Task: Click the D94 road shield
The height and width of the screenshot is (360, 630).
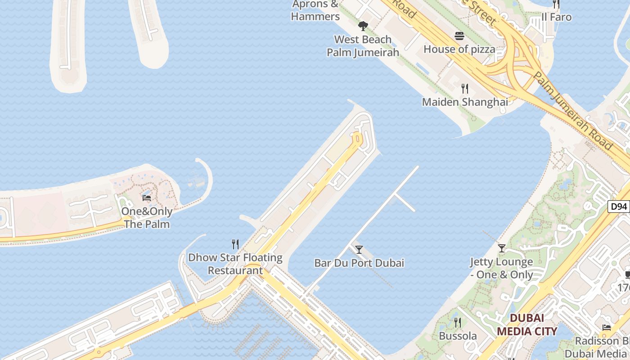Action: (619, 207)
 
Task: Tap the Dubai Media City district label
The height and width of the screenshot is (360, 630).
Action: (527, 325)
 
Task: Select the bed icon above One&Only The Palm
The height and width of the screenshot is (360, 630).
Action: (147, 198)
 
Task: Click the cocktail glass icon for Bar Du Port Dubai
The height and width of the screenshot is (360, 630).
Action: (359, 249)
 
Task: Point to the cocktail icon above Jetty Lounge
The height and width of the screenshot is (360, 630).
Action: (502, 248)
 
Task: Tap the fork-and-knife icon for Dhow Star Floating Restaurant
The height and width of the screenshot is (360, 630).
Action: (235, 244)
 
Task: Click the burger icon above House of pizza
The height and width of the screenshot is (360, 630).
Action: (459, 36)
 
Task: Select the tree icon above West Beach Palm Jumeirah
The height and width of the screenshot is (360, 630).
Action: (363, 26)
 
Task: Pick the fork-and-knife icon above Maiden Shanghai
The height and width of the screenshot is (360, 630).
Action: (465, 89)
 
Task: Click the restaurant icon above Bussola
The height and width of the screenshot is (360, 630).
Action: (458, 322)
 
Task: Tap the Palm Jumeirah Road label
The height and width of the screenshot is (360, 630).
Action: (572, 110)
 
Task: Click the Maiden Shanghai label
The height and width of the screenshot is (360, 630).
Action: (465, 102)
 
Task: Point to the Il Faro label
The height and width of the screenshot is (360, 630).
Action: (557, 17)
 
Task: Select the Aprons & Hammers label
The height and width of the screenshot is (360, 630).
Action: (315, 10)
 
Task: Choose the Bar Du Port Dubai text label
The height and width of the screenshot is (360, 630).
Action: (359, 263)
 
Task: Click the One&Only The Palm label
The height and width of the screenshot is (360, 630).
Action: (147, 217)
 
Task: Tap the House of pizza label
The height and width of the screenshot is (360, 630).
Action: (459, 49)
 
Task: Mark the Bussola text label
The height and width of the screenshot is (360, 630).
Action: (458, 336)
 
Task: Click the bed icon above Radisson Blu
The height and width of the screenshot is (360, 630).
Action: (607, 327)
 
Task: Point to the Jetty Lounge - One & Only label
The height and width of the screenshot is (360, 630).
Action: (502, 268)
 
